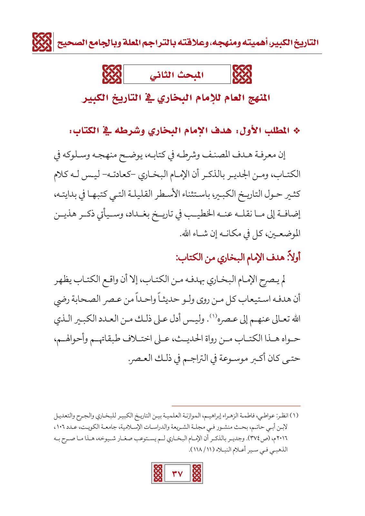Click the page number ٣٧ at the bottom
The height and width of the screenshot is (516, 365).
(177, 473)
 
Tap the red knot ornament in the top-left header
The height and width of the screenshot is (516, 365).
(42, 42)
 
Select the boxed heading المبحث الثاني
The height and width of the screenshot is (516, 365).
(177, 74)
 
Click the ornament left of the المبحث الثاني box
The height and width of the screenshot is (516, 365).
(112, 74)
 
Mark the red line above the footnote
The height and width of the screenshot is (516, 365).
(236, 406)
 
